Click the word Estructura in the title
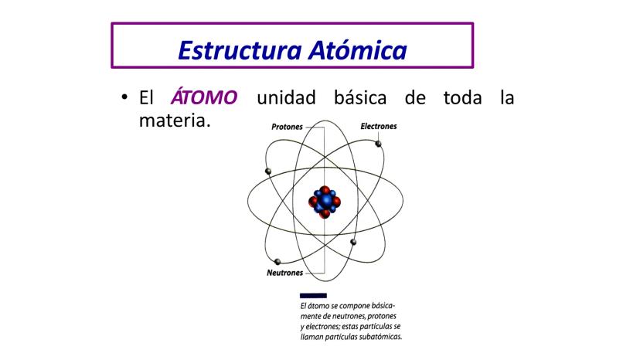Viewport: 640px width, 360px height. tap(240, 50)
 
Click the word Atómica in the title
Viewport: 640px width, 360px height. tap(358, 50)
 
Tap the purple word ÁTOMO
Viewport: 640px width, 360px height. tap(204, 97)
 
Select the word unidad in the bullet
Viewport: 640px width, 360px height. tap(286, 97)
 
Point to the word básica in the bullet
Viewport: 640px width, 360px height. tap(360, 97)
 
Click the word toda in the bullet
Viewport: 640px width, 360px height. tap(462, 97)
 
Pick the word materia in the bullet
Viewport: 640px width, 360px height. tap(175, 121)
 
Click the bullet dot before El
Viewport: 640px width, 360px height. tap(124, 97)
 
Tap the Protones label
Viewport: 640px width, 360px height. tap(287, 127)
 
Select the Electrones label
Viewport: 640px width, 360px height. tap(379, 127)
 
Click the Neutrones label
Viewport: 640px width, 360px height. tap(285, 273)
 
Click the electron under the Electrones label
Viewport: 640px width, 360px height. tap(379, 144)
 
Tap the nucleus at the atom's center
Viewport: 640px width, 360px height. tap(325, 202)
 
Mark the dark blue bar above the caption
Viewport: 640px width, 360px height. tap(313, 296)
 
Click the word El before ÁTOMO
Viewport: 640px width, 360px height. tap(146, 97)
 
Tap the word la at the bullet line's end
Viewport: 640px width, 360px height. tap(507, 97)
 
